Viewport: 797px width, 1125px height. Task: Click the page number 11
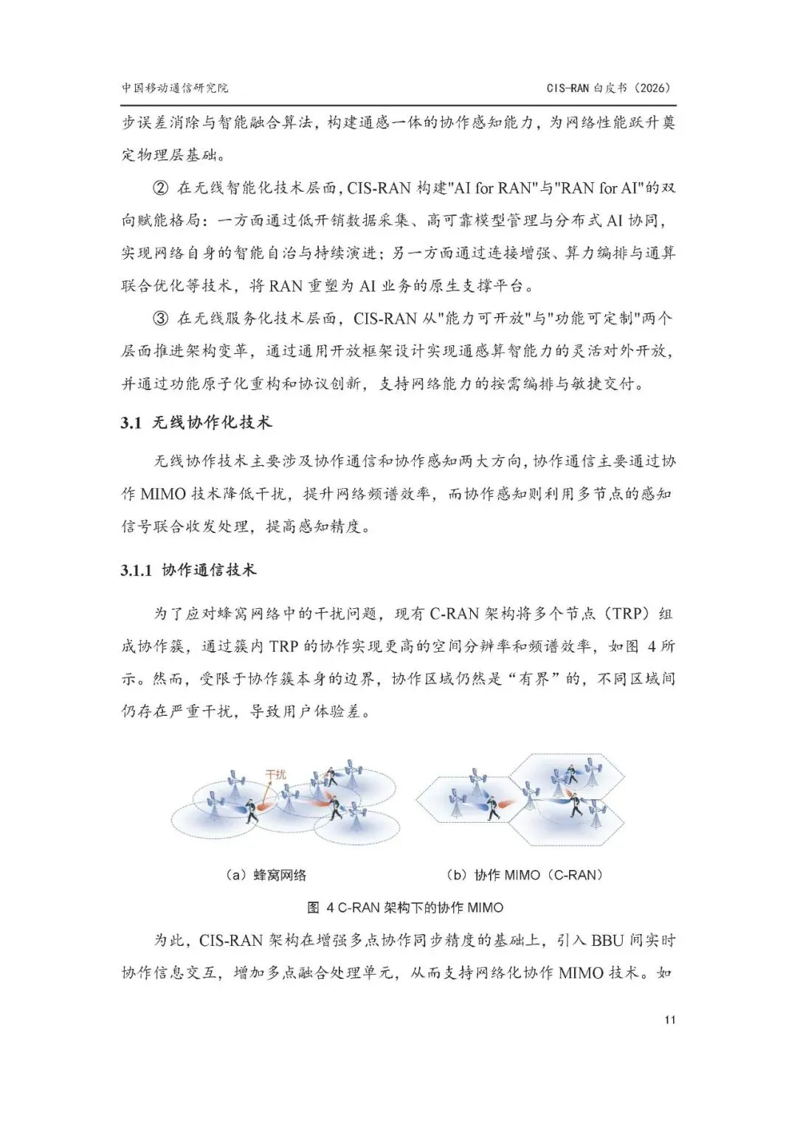click(x=669, y=1020)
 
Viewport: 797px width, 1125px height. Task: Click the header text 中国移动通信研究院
click(x=175, y=88)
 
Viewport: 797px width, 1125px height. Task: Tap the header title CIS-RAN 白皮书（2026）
click(x=610, y=88)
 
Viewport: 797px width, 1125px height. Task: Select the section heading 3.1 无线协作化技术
click(x=196, y=423)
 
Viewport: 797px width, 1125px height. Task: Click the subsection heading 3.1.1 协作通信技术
click(x=188, y=570)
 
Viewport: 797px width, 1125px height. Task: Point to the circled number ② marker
click(x=160, y=188)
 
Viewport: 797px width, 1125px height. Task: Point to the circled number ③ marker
click(x=160, y=318)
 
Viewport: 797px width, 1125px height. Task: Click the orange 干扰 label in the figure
click(x=275, y=775)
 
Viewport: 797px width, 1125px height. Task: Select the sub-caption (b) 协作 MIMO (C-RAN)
click(x=525, y=875)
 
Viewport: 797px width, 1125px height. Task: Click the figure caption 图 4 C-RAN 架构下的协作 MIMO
click(x=405, y=908)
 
